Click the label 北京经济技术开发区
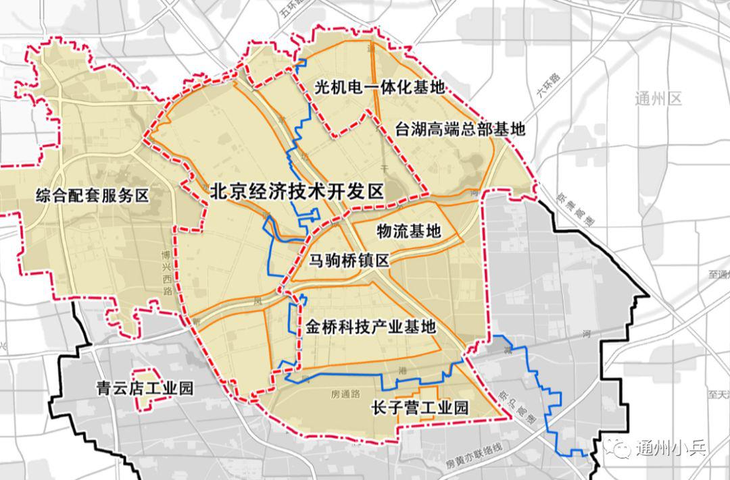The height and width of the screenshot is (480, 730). pos(297,192)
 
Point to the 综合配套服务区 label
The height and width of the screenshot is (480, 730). pos(92,196)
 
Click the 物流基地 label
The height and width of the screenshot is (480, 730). pos(408,232)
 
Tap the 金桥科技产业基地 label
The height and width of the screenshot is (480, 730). pos(371,326)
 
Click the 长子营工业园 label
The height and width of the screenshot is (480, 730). pos(420,408)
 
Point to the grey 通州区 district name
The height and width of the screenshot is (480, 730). pos(658,99)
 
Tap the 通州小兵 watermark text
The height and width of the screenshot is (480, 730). pos(670,448)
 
